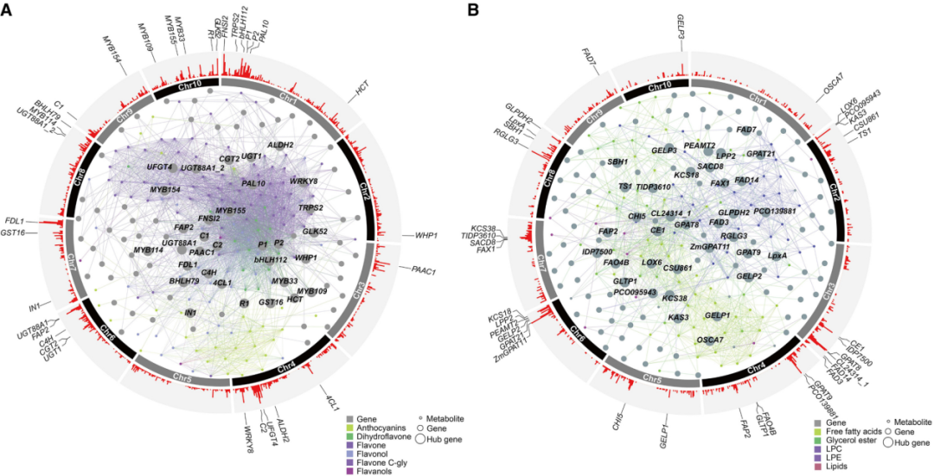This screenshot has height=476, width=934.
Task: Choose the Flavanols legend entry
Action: (x=381, y=470)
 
